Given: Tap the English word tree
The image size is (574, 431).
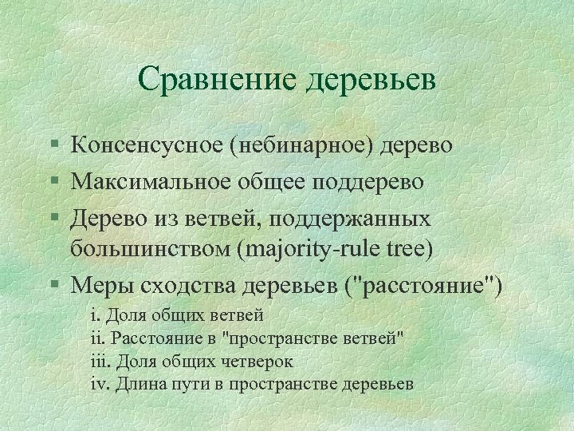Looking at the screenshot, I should tap(408, 248).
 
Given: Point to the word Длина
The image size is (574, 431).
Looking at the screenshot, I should tap(137, 384).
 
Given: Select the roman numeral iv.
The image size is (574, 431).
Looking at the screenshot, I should tap(100, 384).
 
